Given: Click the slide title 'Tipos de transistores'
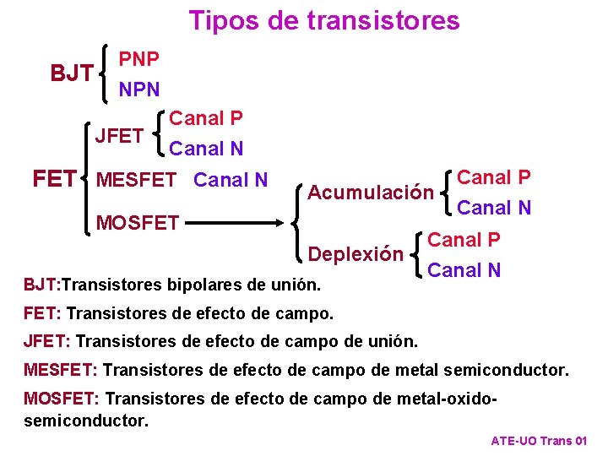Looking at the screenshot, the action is [x=324, y=20].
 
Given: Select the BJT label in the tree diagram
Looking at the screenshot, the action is [x=72, y=74].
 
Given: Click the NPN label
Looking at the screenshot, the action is [x=139, y=88].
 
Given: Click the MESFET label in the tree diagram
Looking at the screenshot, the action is [x=138, y=180].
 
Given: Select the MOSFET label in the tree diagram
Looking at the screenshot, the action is [x=138, y=223].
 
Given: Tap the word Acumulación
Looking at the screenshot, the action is [x=371, y=193].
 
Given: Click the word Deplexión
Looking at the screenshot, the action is [x=356, y=253].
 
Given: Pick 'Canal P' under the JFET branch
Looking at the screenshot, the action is [x=207, y=119].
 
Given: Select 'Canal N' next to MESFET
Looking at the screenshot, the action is [x=231, y=180].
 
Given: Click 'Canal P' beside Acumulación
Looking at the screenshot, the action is [x=494, y=177].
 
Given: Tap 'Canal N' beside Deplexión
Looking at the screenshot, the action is [x=464, y=270].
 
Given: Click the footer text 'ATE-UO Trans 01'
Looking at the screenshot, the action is [x=538, y=441].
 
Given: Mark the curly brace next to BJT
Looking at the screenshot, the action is [x=103, y=74].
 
